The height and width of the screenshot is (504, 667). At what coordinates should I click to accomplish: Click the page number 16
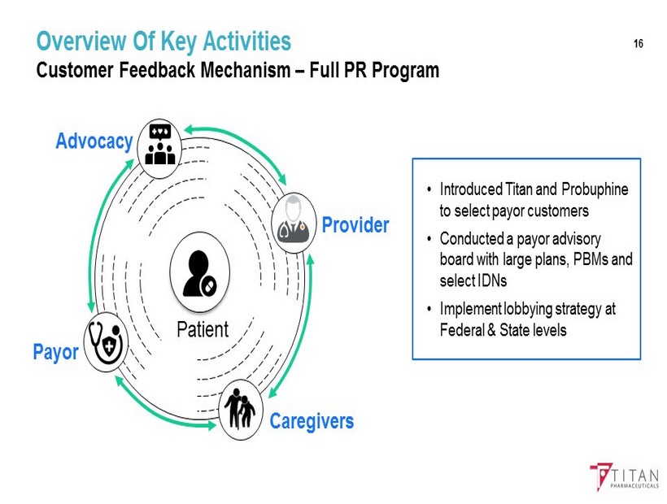coord(638,43)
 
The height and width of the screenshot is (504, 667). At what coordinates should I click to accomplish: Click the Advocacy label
coord(94,141)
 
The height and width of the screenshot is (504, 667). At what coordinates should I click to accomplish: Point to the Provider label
coord(355,224)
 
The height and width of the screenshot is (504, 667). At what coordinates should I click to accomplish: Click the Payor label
coord(55,354)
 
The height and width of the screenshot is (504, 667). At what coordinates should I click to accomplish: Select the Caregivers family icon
coord(241,410)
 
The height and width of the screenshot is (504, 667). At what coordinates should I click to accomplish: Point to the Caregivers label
coord(312,421)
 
